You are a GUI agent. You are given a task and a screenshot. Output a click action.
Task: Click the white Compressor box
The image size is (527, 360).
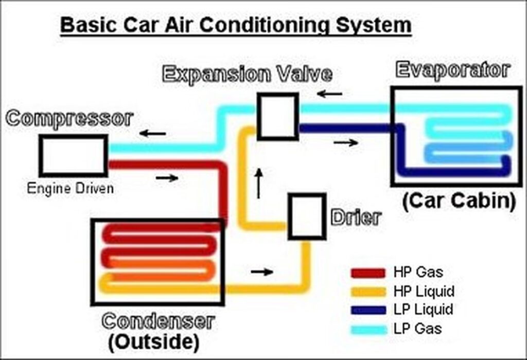74,155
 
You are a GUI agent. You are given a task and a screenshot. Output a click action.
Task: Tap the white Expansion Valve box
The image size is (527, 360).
278,116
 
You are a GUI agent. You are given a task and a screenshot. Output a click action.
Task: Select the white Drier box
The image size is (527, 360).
307,216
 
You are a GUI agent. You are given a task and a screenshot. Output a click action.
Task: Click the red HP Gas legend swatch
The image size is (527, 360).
368,273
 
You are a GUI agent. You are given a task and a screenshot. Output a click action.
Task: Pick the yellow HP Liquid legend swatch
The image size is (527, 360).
368,292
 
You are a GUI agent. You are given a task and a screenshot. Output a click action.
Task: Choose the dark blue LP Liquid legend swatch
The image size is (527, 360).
368,310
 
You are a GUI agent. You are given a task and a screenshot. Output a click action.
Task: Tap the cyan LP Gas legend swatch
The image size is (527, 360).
368,328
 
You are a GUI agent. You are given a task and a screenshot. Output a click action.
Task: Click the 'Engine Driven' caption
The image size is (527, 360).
71,188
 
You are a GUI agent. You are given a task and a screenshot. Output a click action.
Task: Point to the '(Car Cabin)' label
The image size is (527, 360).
459,201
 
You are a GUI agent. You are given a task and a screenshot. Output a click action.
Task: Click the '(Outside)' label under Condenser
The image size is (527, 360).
153,340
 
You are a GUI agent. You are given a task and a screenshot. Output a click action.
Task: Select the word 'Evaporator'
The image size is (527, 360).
452,70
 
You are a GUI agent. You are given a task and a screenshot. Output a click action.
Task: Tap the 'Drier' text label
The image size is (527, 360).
356,218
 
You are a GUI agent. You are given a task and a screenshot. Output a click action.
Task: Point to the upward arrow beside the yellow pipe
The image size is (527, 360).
259,183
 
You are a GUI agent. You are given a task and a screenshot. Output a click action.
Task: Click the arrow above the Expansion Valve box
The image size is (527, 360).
329,95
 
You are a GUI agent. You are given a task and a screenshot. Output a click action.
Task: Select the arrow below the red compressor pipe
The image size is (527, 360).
167,178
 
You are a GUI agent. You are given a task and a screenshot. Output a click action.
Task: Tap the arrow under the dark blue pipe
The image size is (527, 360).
345,142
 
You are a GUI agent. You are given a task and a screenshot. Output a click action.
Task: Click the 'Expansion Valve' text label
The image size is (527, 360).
247,74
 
